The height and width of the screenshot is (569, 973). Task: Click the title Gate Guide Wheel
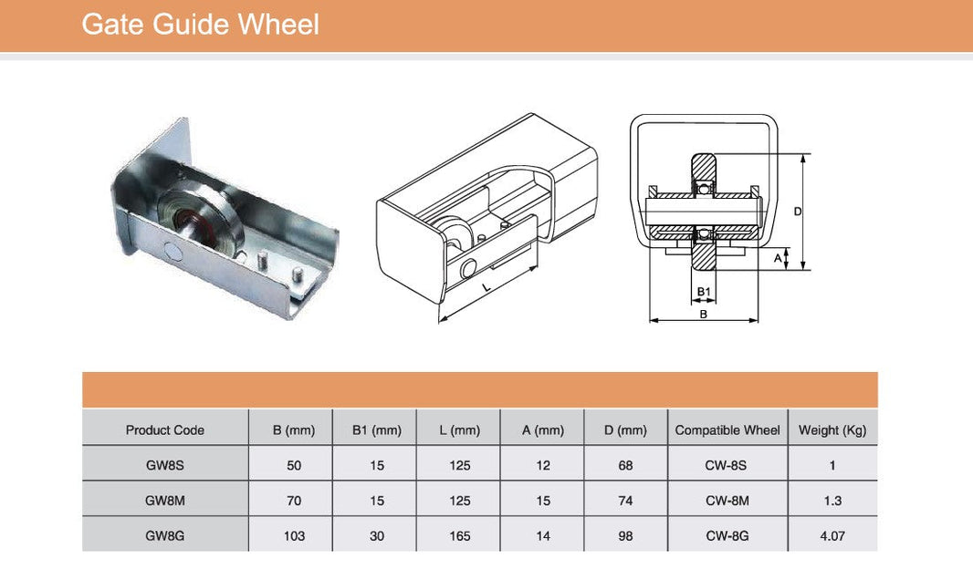[x=200, y=25]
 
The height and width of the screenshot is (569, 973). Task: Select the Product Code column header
[x=165, y=429]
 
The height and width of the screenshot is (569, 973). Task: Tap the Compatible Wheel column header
[x=727, y=429]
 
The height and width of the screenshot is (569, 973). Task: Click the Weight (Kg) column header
[x=832, y=430]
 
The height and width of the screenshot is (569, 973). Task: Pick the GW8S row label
[x=165, y=465]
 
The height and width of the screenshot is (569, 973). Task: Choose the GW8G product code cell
[x=165, y=535]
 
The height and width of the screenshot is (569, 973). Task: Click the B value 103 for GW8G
[x=294, y=535]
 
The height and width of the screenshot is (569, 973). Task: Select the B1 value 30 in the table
[x=377, y=535]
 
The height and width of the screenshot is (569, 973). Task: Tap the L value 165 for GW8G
[x=460, y=535]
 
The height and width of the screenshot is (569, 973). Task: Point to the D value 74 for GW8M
[x=625, y=501]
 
